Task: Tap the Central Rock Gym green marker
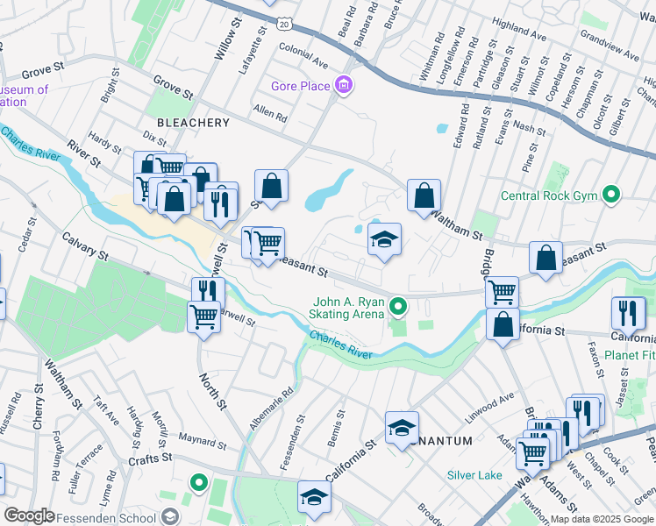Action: [x=612, y=195]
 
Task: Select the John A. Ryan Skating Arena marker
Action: [x=398, y=306]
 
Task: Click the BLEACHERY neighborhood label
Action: [x=192, y=123]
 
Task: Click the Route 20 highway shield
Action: [x=283, y=25]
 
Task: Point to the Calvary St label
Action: [x=84, y=246]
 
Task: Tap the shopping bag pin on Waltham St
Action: [x=424, y=196]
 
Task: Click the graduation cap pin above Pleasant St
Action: [x=383, y=239]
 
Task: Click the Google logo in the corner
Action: [x=28, y=516]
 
